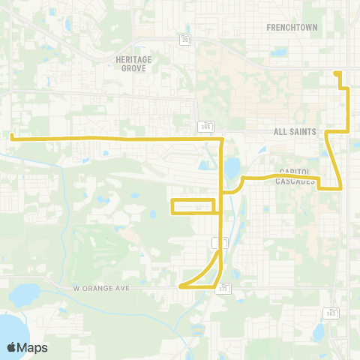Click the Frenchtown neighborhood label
click(x=292, y=27)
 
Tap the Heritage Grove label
click(x=134, y=63)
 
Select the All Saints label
click(x=295, y=131)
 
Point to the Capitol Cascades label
click(x=295, y=176)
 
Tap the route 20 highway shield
click(x=185, y=39)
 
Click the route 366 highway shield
click(x=203, y=125)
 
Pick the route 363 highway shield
click(x=331, y=312)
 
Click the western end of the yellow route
click(x=12, y=136)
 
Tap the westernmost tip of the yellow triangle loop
click(x=181, y=286)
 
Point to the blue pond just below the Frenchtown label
click(x=280, y=52)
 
